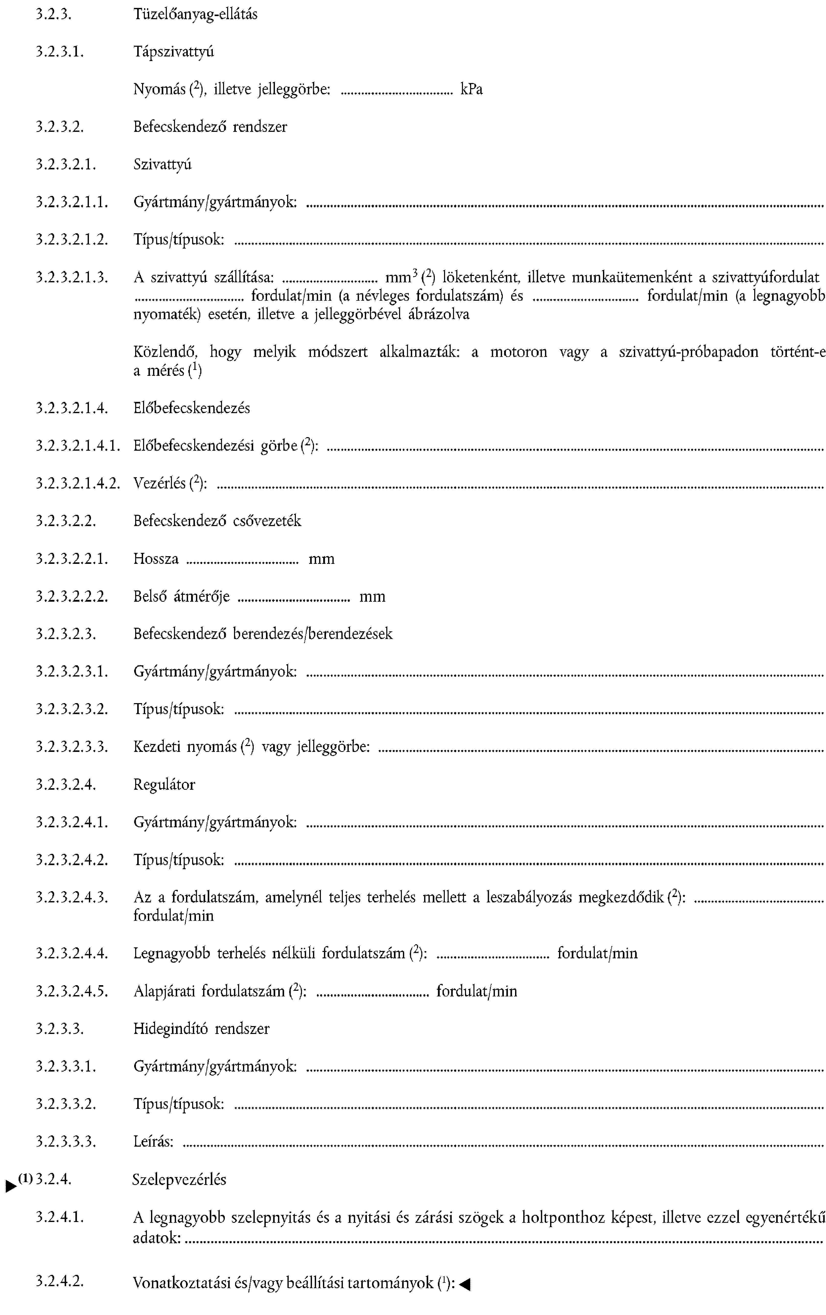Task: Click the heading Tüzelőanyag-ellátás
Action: click(195, 15)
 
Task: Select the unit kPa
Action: click(471, 90)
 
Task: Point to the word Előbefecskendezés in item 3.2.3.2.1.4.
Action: click(192, 408)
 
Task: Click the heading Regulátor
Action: click(164, 785)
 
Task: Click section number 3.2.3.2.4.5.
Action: click(72, 991)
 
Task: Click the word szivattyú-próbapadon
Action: click(688, 352)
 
